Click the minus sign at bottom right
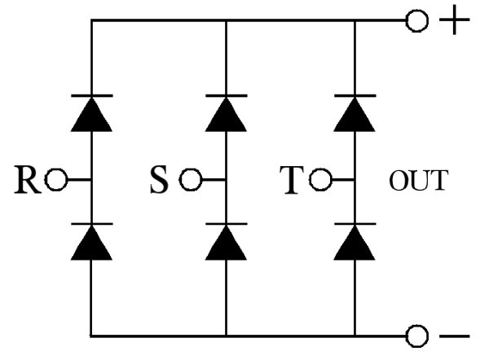point(453,336)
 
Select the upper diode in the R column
point(91,114)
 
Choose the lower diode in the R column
point(91,242)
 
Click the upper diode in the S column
point(225,114)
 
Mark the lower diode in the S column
point(225,242)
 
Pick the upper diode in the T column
point(355,114)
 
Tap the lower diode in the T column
point(355,242)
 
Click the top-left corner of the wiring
point(91,22)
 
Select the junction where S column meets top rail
point(225,22)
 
